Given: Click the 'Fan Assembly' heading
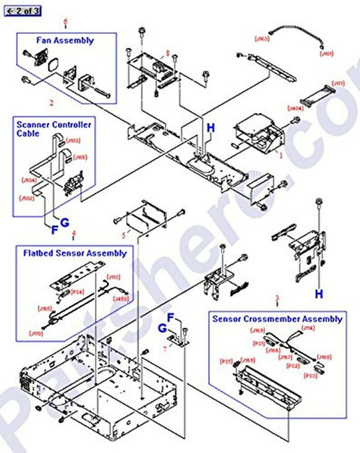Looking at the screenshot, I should point(64,40).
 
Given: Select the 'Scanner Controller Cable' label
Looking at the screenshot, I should point(53,128).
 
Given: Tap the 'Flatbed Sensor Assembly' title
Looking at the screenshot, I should point(75,253).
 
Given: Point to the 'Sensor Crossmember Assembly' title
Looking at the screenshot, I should point(277,319).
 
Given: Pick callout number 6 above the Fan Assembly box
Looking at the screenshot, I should point(65,22).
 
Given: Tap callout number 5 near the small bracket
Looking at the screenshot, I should point(123,235).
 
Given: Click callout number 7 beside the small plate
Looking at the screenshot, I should point(164,349).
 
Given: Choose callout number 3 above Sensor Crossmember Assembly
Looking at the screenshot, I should point(276,298).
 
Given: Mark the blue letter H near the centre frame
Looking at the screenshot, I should point(211,128).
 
